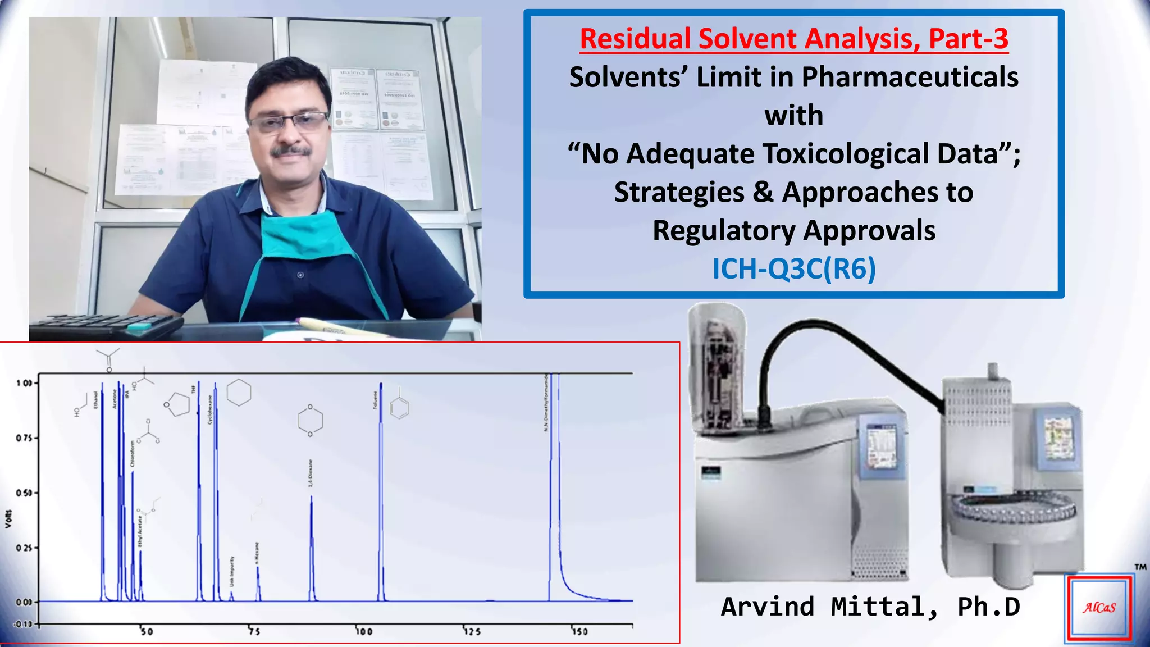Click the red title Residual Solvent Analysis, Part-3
tap(794, 39)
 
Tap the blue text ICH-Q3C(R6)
tap(794, 269)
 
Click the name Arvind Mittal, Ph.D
tap(870, 607)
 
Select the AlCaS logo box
tap(1099, 608)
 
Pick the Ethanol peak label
tap(95, 400)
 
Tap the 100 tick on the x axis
tap(363, 631)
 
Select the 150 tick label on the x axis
tap(579, 631)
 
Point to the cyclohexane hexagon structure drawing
tap(239, 392)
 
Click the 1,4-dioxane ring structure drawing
tap(311, 420)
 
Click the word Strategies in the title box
tap(679, 193)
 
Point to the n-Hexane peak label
tap(257, 553)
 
